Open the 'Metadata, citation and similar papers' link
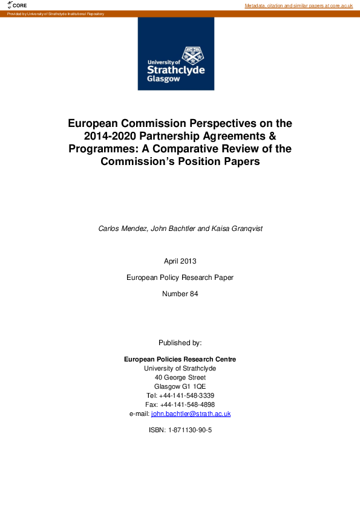pos(298,5)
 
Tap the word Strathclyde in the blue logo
pos(176,70)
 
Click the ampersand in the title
pos(272,136)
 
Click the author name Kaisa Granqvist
pos(233,229)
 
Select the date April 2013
pos(180,261)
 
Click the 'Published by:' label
pos(180,343)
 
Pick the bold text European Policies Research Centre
pos(180,359)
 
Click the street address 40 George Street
pos(180,377)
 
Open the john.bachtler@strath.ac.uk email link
pos(191,413)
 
